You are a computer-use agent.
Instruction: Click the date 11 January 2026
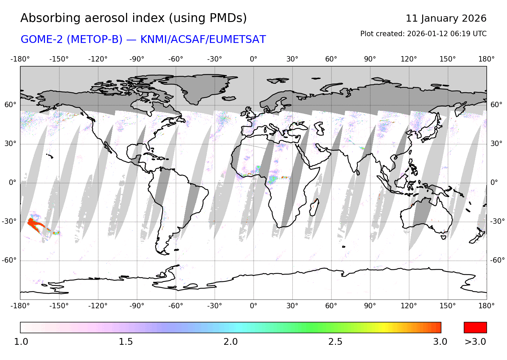click(446, 18)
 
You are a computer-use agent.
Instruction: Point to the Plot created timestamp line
click(423, 34)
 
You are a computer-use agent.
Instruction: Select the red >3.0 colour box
click(475, 327)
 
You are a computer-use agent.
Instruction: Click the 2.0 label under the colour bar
click(231, 342)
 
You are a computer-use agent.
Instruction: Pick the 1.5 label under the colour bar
click(126, 342)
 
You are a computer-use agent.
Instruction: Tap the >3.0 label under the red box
click(475, 342)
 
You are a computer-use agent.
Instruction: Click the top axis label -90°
click(137, 59)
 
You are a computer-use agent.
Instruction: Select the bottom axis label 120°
click(409, 306)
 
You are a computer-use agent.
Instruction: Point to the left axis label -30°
click(9, 221)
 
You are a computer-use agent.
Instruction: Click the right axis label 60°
click(496, 105)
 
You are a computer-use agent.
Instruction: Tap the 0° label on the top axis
click(254, 59)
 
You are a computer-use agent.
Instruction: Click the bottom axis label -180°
click(20, 306)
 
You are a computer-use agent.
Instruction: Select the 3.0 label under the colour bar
click(440, 342)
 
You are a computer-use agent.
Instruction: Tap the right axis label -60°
click(497, 260)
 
